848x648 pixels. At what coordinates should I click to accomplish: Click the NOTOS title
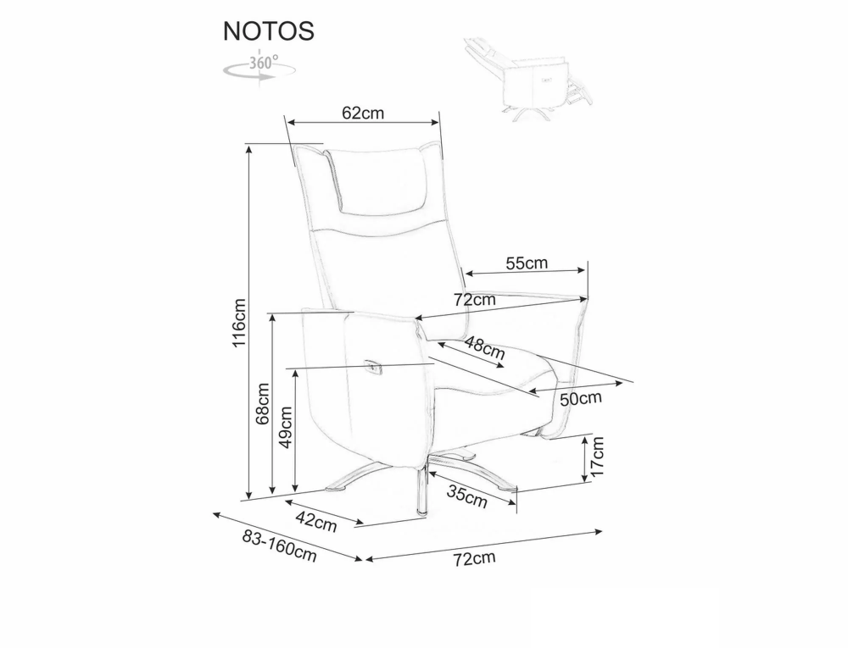click(269, 31)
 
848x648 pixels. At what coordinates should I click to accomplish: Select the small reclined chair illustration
click(528, 79)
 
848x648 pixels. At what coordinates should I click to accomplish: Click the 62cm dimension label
click(363, 113)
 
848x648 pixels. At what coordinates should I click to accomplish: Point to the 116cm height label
click(239, 323)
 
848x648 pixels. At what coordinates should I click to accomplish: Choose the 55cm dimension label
click(527, 263)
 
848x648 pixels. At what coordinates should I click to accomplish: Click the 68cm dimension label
click(262, 403)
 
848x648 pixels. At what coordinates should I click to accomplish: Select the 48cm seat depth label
click(484, 348)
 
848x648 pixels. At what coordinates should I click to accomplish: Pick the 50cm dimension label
click(581, 399)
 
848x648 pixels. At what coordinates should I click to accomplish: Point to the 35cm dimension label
click(467, 496)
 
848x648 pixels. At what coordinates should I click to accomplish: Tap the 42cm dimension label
click(316, 521)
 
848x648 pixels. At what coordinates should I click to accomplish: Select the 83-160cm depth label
click(279, 546)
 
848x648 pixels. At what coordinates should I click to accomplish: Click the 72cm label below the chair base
click(474, 558)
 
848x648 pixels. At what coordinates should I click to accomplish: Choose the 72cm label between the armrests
click(474, 299)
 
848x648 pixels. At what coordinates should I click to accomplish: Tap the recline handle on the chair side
click(373, 367)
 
